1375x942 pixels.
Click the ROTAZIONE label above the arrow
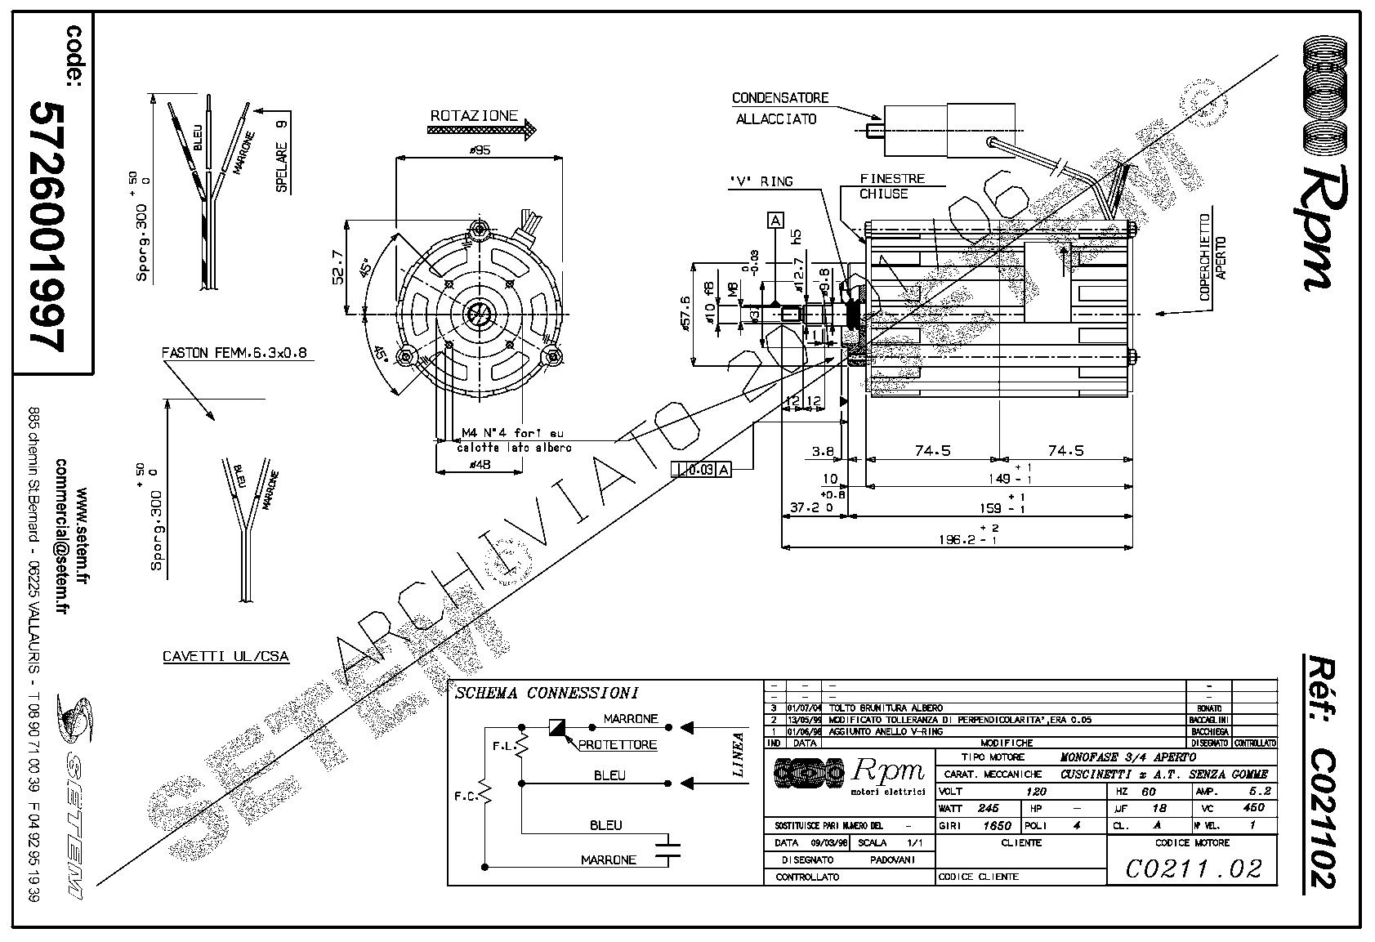474,116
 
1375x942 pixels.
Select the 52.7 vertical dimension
338,266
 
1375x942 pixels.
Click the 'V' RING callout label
761,181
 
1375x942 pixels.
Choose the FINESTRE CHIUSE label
891,186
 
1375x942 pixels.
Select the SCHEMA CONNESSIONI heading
546,694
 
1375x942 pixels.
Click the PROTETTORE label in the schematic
617,745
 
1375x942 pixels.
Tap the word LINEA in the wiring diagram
739,754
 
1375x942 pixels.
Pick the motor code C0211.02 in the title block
1194,868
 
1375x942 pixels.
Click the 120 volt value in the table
1036,792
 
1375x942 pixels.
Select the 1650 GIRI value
998,825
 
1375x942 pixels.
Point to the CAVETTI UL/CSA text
225,656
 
